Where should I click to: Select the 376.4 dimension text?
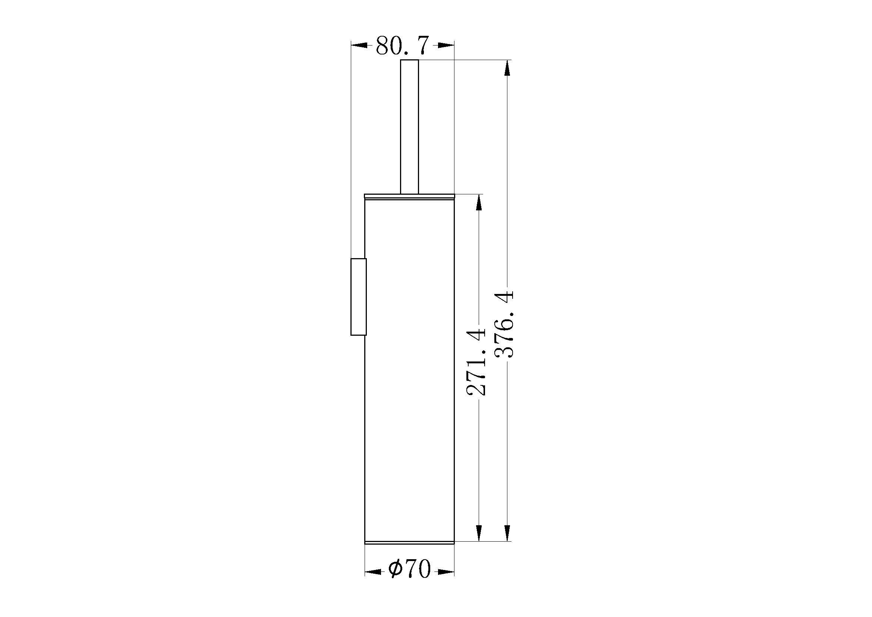(x=505, y=324)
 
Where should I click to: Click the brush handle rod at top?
(x=409, y=126)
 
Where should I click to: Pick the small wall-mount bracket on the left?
(x=359, y=297)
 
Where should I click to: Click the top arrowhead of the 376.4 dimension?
(x=507, y=68)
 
